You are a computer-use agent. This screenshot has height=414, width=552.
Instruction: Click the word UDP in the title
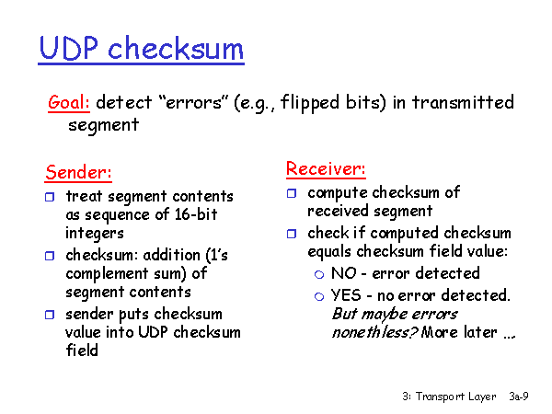click(x=69, y=48)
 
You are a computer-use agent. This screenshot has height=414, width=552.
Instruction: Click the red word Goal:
click(x=69, y=103)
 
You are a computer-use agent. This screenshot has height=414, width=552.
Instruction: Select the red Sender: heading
click(x=78, y=173)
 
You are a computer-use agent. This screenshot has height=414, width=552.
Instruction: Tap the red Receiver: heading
click(x=326, y=168)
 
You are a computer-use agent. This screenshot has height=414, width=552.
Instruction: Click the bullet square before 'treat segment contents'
click(x=50, y=197)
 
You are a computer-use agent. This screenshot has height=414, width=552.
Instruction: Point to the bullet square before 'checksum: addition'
click(x=50, y=256)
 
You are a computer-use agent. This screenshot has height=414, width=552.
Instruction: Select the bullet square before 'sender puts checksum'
click(x=50, y=315)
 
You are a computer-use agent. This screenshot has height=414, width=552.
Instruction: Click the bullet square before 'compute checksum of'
click(x=292, y=193)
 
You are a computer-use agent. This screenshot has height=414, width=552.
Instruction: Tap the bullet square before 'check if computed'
click(x=292, y=234)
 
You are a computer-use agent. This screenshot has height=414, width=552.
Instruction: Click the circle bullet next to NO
click(x=319, y=274)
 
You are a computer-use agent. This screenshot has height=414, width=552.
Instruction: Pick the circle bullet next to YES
click(x=319, y=297)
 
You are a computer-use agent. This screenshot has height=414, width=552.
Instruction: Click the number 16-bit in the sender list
click(x=196, y=214)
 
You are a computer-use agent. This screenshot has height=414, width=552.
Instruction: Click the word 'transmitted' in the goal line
click(x=463, y=102)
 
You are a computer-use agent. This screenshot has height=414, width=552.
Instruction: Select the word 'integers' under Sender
click(x=95, y=234)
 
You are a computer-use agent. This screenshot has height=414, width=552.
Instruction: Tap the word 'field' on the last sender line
click(x=82, y=351)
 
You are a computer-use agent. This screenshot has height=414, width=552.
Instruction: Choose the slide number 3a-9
click(x=519, y=397)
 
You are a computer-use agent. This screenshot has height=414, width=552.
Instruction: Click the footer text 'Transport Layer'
click(x=456, y=397)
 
